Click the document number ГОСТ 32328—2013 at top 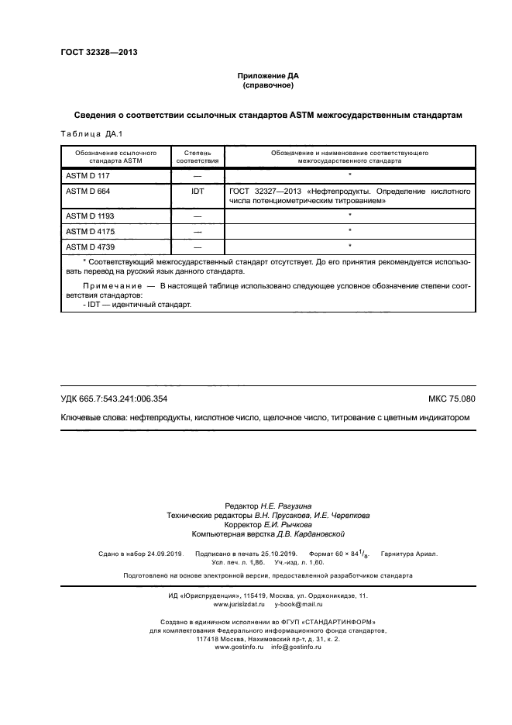98,53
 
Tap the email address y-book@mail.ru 298,603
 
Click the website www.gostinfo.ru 235,647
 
